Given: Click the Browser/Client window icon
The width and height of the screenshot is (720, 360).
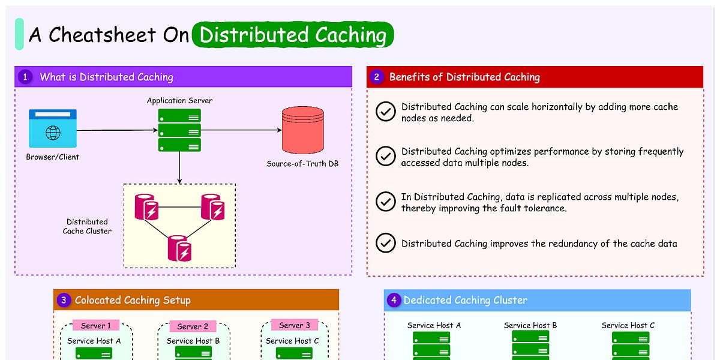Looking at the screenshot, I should point(53,128).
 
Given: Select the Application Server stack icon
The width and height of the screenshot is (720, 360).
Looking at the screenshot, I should point(179,130).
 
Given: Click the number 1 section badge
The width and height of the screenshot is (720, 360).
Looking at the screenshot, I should point(25,77).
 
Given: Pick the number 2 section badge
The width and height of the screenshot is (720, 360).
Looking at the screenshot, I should point(376,77).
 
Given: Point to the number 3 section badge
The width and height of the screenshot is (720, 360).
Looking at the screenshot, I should point(63,300).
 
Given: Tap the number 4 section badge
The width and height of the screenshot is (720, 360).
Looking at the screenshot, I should point(393,300).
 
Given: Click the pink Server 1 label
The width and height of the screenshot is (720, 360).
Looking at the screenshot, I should point(96,325).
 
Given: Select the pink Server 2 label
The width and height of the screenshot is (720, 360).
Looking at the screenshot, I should point(193,326).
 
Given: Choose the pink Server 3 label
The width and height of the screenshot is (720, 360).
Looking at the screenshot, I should point(295,325).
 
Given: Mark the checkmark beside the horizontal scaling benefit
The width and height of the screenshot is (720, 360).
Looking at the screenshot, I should point(385,112).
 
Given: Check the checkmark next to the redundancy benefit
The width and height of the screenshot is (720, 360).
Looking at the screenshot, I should point(385,243).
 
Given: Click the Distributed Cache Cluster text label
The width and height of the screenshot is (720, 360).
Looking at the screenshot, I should point(87,226).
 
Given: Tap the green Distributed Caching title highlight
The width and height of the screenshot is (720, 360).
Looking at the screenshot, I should point(293,35).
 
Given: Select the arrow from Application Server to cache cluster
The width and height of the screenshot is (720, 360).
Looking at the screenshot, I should point(179,167).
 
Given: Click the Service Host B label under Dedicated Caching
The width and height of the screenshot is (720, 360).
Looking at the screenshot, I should point(530,325).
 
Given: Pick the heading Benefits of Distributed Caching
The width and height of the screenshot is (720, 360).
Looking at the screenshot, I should point(464,77).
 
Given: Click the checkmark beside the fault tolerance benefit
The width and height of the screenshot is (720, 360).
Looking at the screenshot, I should point(385,202).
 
